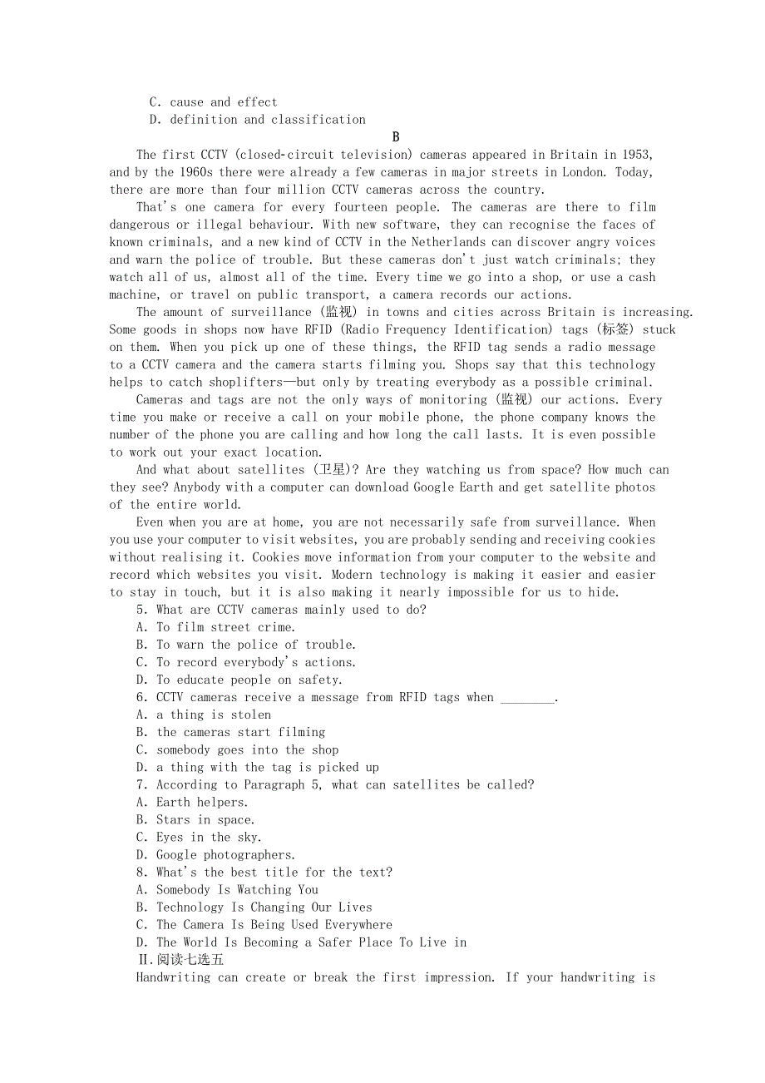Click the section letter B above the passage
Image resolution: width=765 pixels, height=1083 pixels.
tap(396, 137)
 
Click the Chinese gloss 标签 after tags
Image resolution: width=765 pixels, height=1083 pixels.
tap(616, 329)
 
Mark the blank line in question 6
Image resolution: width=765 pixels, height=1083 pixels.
tap(527, 698)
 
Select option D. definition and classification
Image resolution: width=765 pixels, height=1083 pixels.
tap(258, 120)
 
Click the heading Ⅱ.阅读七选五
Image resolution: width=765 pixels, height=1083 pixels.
tap(180, 960)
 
